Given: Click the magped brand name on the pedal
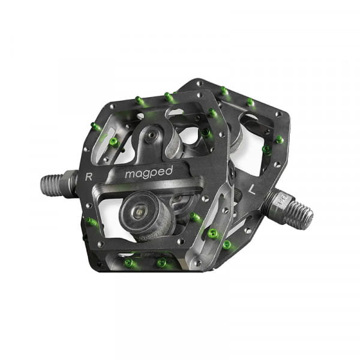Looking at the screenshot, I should [148, 172].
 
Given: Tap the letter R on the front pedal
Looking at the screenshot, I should [89, 176].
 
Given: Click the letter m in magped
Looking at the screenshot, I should [130, 174].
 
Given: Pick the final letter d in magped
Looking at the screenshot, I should [169, 170].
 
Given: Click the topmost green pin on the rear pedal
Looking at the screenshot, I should [224, 91].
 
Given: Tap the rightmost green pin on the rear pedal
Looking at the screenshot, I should [279, 140].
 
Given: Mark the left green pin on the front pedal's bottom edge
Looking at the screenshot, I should [128, 262].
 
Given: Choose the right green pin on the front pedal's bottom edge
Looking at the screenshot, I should [161, 262].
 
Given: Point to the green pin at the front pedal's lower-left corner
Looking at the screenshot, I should [92, 221].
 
